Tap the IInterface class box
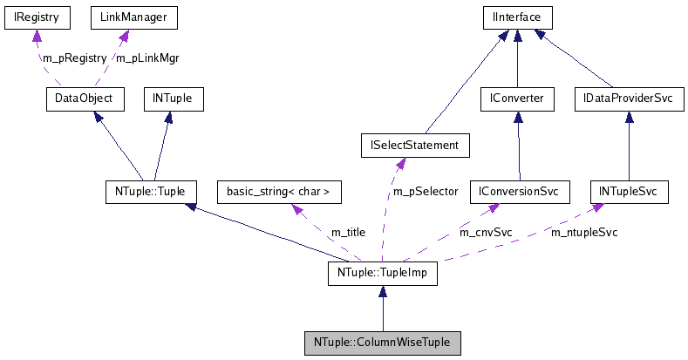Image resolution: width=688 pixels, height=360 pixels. pos(518,17)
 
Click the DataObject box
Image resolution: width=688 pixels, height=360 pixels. pos(79,98)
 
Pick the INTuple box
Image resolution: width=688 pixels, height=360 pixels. pos(173,98)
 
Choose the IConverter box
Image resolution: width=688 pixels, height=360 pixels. pos(517,99)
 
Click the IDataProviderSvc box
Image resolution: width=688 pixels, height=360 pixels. pos(628,99)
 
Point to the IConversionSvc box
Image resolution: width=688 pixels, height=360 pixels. pos(519,191)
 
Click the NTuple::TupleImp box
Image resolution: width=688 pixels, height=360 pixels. pos(381,274)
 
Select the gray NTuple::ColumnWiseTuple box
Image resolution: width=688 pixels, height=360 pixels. pos(382,343)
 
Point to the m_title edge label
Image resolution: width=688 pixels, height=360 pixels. pos(348,233)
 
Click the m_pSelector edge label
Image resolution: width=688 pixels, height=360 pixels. pos(426,191)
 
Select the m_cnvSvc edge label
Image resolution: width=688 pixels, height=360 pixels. pos(486,233)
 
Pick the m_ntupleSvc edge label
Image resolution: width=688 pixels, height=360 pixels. pos(583,233)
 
